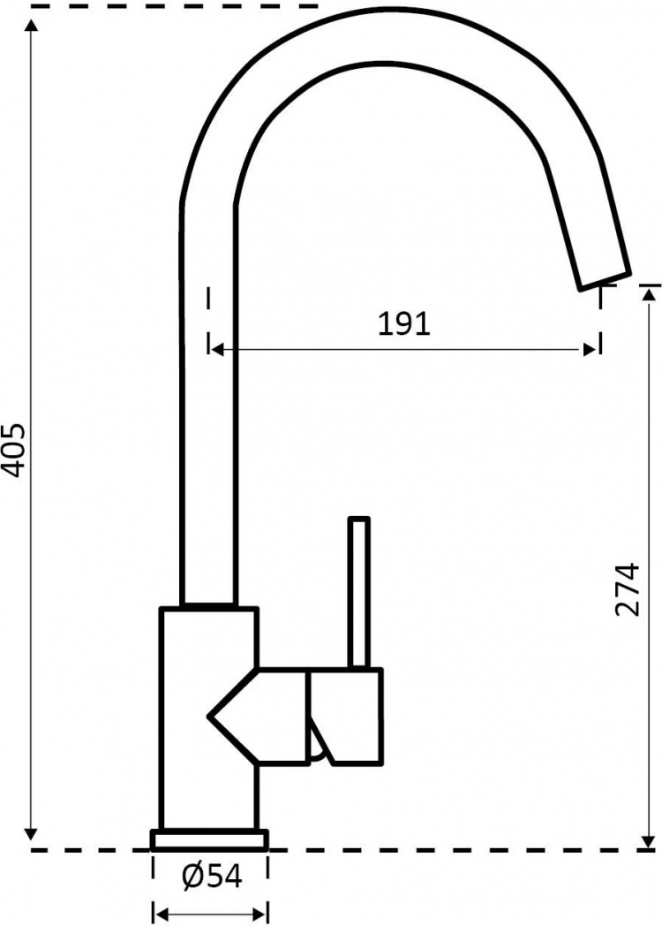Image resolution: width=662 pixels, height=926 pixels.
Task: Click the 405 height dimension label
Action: click(x=13, y=450)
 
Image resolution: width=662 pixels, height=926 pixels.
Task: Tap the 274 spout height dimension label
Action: click(x=627, y=590)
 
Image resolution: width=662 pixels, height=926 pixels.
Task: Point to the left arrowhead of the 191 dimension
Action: click(x=217, y=350)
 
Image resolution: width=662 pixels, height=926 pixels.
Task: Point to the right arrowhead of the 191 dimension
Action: click(x=590, y=350)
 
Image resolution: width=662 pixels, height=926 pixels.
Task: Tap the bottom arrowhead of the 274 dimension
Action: click(x=650, y=840)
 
